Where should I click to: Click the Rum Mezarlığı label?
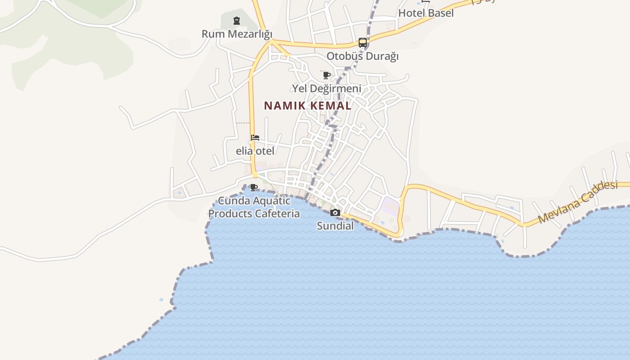coord(237,34)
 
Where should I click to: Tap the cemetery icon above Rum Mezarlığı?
coord(237,21)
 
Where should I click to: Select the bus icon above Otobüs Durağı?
coord(363,43)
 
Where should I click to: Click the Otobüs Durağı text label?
coord(363,56)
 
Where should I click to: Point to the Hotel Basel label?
coord(426,13)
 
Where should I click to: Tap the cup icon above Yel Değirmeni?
coord(327,75)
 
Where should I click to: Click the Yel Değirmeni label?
coord(327,88)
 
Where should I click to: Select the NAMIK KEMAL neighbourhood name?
coord(307,106)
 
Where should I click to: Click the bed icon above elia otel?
coord(255,138)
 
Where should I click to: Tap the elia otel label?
coord(255,151)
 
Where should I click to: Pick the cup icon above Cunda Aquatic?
coord(254,187)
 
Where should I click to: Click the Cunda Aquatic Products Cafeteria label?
coord(254,207)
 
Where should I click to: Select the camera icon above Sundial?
coord(335,213)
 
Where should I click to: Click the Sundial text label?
coord(335,225)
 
